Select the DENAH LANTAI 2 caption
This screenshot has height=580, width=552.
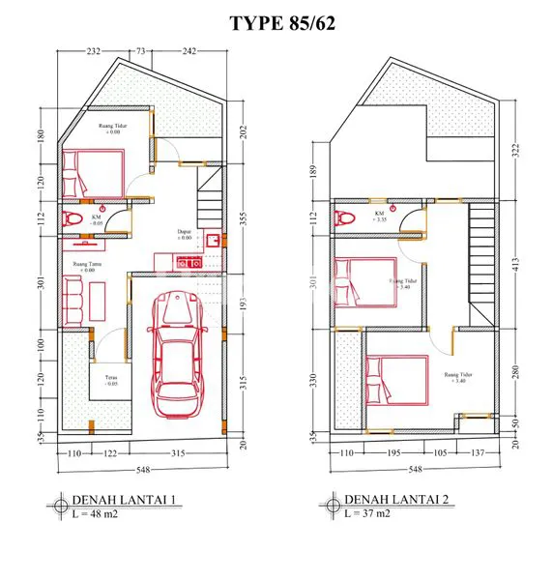398,501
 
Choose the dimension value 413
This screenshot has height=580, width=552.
516,261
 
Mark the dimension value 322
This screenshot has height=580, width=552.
516,149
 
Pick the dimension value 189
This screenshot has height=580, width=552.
312,171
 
